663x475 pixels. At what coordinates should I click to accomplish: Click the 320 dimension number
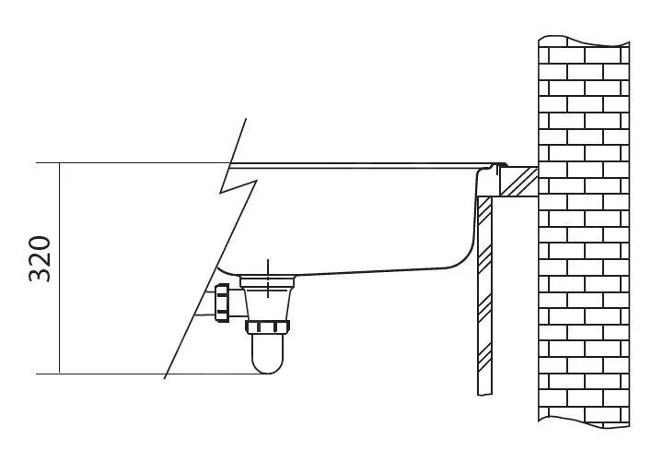[40, 258]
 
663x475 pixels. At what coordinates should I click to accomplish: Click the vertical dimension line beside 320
[59, 268]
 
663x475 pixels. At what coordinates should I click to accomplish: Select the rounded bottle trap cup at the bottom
[267, 353]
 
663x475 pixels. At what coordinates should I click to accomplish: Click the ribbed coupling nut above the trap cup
[267, 327]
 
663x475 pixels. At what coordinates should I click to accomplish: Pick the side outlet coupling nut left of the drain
[222, 303]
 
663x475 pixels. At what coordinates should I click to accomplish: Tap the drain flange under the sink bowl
[267, 280]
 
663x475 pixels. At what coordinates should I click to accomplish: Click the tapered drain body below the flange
[267, 303]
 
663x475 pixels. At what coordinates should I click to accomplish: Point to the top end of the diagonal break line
[246, 119]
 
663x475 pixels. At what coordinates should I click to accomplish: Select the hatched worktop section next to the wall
[518, 182]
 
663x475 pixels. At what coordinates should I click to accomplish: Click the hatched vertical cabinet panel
[484, 295]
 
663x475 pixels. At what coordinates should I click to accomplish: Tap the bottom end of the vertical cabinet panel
[484, 395]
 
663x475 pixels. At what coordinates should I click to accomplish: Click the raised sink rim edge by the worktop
[499, 165]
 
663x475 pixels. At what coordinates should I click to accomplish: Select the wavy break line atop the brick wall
[584, 42]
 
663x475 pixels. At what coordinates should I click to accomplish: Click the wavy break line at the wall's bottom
[584, 422]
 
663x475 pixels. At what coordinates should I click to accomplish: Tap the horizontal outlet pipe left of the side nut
[204, 303]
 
